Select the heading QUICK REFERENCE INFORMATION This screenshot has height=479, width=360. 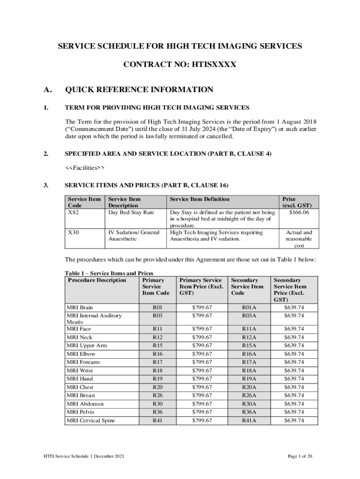pyautogui.click(x=139, y=90)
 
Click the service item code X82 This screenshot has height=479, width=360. pyautogui.click(x=73, y=212)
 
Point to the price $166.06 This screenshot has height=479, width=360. pyautogui.click(x=298, y=212)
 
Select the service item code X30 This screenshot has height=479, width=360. pyautogui.click(x=73, y=232)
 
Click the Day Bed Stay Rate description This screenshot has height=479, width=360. pyautogui.click(x=131, y=212)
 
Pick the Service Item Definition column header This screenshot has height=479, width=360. pyautogui.click(x=200, y=199)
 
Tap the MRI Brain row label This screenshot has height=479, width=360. pyautogui.click(x=79, y=307)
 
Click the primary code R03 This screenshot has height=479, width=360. pyautogui.click(x=158, y=316)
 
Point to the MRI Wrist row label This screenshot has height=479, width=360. pyautogui.click(x=79, y=370)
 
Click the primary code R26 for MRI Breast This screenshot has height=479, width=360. pyautogui.click(x=158, y=395)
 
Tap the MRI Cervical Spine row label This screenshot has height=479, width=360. pyautogui.click(x=91, y=421)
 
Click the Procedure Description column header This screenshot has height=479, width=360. pyautogui.click(x=97, y=280)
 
